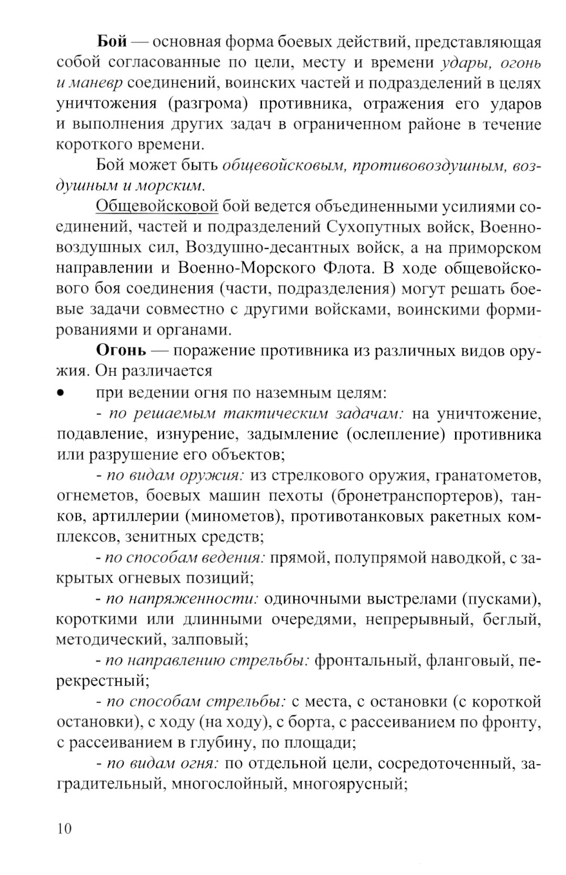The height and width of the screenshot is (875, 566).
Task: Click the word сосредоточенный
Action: (x=445, y=764)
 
